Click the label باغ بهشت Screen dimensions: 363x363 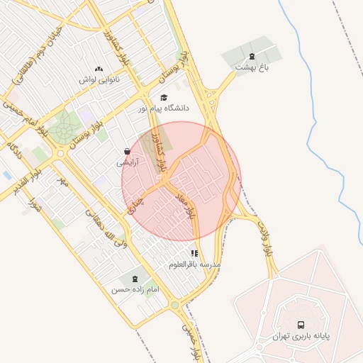click(x=254, y=67)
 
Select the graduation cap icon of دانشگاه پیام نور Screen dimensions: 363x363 click(x=164, y=98)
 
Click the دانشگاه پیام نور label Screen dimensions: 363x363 click(x=167, y=108)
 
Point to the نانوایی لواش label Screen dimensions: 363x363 click(x=99, y=79)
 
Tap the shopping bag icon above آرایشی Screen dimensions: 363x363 click(x=127, y=151)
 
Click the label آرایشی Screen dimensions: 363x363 click(x=127, y=162)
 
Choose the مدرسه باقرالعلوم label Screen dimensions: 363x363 click(x=195, y=264)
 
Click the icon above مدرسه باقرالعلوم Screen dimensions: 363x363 click(x=194, y=252)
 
